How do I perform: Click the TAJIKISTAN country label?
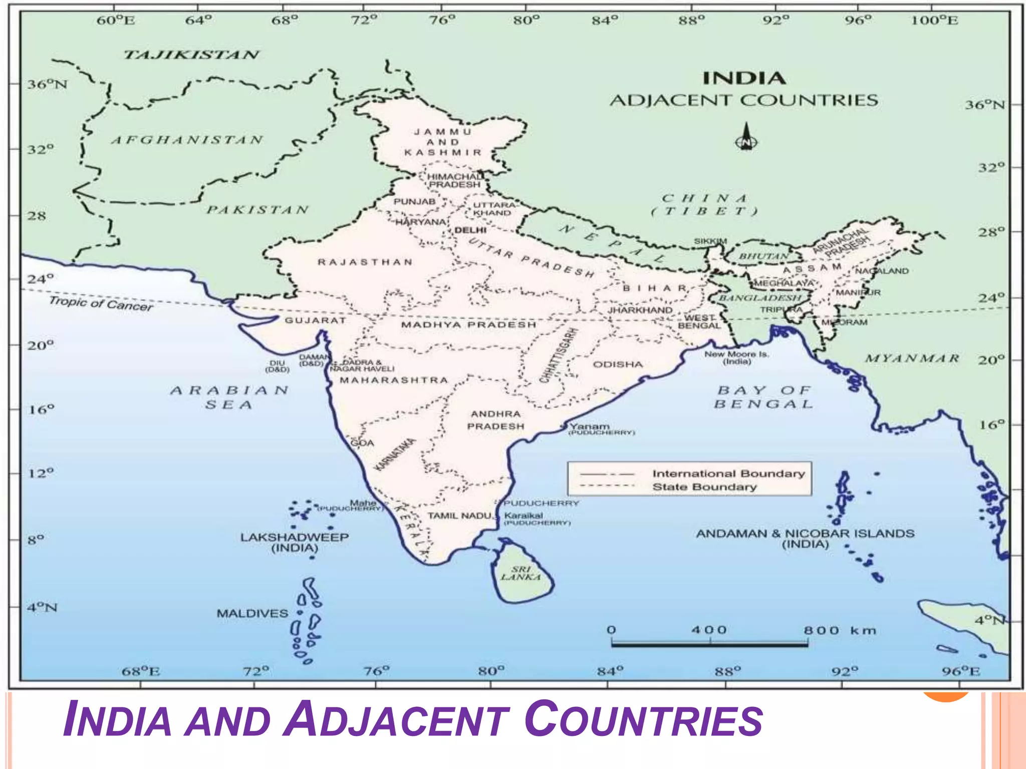[191, 55]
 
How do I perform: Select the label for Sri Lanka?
[521, 573]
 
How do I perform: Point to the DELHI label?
[470, 230]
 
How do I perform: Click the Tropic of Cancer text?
[101, 303]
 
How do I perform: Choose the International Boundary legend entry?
[728, 474]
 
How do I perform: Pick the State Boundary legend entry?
[704, 487]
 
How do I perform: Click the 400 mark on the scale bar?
[709, 630]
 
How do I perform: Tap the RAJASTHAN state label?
[365, 262]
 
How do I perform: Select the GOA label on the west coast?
[362, 443]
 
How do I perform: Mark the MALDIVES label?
[252, 613]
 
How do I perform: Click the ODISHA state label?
[617, 364]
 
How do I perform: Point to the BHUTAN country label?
[763, 256]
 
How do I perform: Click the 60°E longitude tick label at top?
[115, 21]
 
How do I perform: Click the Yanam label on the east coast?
[590, 427]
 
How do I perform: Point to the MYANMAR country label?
[912, 358]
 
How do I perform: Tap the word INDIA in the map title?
[744, 79]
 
